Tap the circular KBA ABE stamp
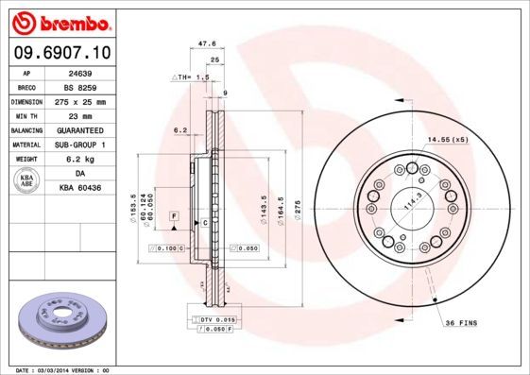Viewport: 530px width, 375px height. click(27, 180)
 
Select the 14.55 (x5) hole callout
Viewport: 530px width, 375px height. click(447, 140)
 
